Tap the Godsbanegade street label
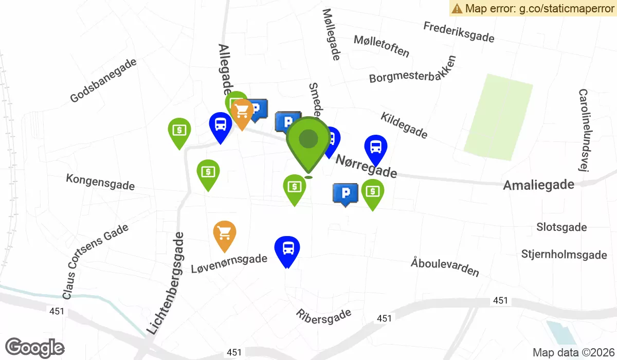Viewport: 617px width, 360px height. pos(103,80)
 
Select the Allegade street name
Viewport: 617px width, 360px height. pos(226,67)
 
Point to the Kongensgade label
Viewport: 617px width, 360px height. pos(100,182)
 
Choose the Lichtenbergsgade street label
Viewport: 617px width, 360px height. pos(165,283)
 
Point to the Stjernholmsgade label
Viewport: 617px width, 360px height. pos(564,255)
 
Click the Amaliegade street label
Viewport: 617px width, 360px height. pos(538,185)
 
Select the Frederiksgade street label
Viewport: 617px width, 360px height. pos(459,32)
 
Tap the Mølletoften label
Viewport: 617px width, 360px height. pos(382,46)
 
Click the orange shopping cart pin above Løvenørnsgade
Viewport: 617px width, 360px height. pos(225,235)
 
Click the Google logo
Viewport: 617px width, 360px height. pos(35,348)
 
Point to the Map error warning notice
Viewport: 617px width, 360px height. pos(533,8)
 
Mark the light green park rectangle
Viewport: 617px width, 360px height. pos(498,115)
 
